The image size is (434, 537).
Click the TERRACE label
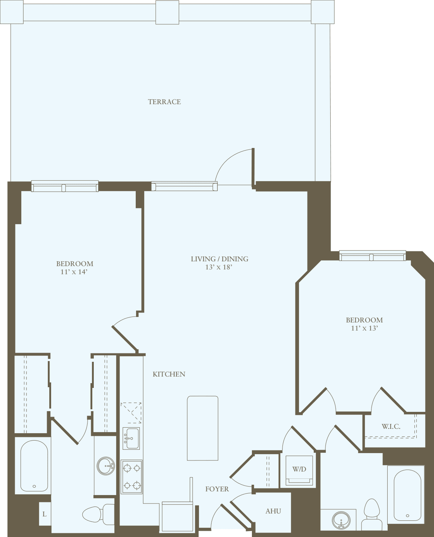164,102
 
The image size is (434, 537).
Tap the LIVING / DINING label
219,259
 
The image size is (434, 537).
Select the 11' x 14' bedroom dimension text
74,272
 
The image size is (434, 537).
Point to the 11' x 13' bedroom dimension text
364,328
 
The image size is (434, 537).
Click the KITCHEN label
169,374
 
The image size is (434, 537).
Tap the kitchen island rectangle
203,428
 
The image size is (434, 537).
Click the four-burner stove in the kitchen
132,477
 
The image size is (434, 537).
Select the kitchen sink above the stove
131,438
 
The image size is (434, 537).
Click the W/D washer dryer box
299,470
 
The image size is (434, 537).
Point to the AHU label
273,511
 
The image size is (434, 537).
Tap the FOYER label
217,489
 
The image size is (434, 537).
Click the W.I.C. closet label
391,427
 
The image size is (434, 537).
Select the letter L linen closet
45,514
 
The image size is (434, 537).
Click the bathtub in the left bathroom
34,466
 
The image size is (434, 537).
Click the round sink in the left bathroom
106,466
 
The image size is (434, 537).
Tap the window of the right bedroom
372,256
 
